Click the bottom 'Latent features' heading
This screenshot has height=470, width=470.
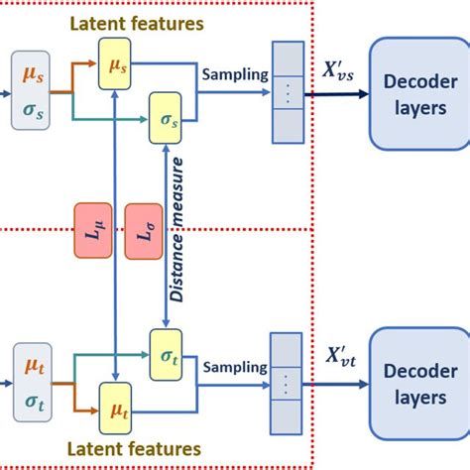[136, 449]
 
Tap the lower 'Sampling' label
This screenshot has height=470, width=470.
[235, 366]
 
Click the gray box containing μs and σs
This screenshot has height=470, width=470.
[29, 89]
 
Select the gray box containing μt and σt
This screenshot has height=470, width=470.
[29, 384]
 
